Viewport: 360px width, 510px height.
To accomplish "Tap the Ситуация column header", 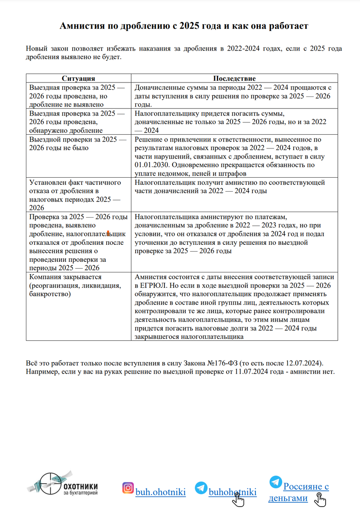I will pyautogui.click(x=78, y=79).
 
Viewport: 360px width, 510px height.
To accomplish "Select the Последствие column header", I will pyautogui.click(x=234, y=79).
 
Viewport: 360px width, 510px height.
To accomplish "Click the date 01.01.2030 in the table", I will pyautogui.click(x=149, y=157).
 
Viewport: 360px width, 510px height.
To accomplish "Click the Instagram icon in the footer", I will pyautogui.click(x=128, y=487).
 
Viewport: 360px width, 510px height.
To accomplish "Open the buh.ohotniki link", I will pyautogui.click(x=160, y=492).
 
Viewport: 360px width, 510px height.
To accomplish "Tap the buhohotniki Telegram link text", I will pyautogui.click(x=232, y=492).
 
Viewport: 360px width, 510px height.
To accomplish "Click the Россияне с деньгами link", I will pyautogui.click(x=299, y=492).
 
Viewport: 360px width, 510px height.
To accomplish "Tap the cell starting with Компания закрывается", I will pyautogui.click(x=78, y=285).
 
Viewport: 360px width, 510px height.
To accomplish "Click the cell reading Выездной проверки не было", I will pyautogui.click(x=78, y=143).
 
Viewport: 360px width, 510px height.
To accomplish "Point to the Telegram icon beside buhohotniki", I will pyautogui.click(x=201, y=488).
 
